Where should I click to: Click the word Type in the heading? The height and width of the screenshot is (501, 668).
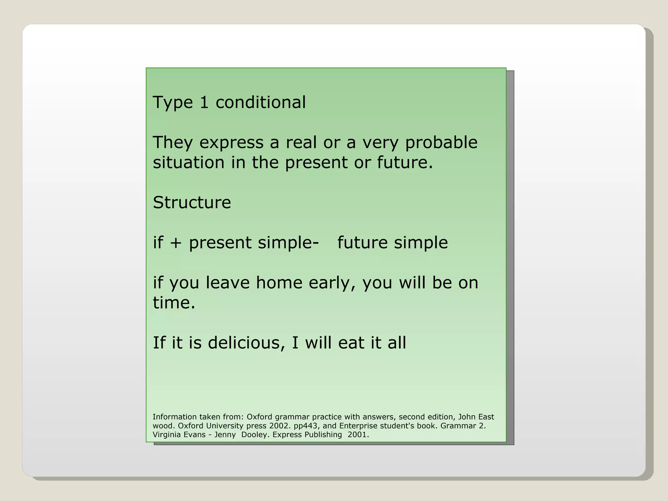(x=173, y=103)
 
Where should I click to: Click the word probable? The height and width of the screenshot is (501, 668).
(x=441, y=143)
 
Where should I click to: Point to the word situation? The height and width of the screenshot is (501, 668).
(x=189, y=162)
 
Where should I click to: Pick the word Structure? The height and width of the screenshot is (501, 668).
(x=192, y=203)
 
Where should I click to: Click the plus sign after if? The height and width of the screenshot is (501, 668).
(x=175, y=243)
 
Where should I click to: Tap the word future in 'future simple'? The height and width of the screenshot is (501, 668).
(x=362, y=242)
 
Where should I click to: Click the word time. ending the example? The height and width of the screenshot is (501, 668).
(x=174, y=303)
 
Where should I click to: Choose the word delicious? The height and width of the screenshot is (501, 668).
(x=244, y=343)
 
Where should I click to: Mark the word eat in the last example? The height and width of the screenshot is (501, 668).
(x=351, y=343)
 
